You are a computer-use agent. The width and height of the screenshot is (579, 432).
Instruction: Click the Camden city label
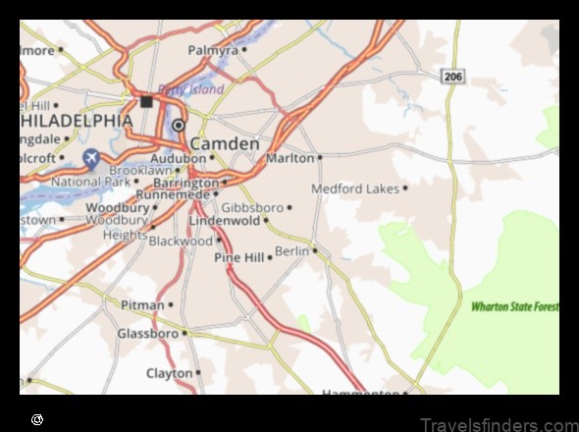tap(225, 143)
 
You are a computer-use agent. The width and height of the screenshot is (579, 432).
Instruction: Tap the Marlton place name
tap(289, 157)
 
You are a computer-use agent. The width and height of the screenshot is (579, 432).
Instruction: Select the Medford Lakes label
tap(354, 189)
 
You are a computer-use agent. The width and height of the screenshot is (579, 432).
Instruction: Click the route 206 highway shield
tap(451, 76)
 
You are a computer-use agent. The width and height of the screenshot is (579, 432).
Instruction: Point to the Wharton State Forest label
tap(514, 306)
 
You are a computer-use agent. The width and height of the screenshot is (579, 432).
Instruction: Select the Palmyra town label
tap(213, 50)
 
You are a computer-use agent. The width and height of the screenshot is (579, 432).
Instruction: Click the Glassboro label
tap(147, 334)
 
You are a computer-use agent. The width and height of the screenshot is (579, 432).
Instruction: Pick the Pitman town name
tap(141, 305)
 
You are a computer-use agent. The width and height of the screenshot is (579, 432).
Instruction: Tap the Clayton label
tap(169, 373)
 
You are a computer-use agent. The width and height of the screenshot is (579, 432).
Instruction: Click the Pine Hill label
tap(239, 257)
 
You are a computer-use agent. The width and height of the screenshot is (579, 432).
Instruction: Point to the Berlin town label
tap(291, 251)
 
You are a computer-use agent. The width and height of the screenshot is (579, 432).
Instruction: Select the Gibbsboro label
tap(251, 207)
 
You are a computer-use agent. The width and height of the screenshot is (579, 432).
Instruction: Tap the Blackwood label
tap(181, 241)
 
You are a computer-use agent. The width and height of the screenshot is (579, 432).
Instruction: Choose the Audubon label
tap(177, 157)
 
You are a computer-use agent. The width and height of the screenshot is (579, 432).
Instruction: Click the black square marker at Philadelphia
tap(146, 101)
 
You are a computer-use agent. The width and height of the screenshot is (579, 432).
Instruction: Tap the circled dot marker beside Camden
tap(179, 126)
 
